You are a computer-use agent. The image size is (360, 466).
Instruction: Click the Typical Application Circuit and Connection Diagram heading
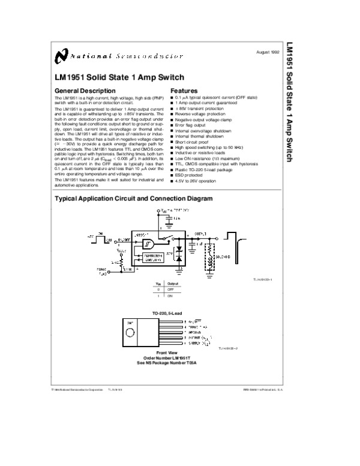point(134,199)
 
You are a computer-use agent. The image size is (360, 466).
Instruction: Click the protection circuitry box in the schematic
point(149,258)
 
